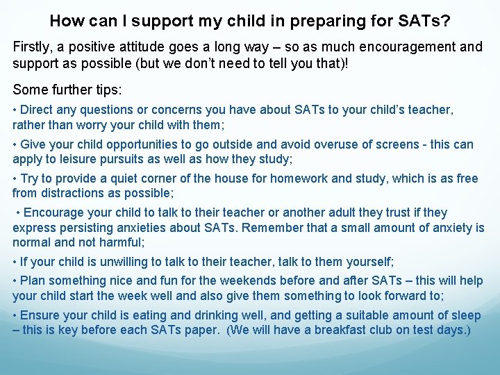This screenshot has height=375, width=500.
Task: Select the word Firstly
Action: [x=33, y=48]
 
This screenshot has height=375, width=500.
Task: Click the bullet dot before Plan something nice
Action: [x=15, y=281]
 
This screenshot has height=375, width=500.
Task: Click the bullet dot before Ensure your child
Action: [x=15, y=315]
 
